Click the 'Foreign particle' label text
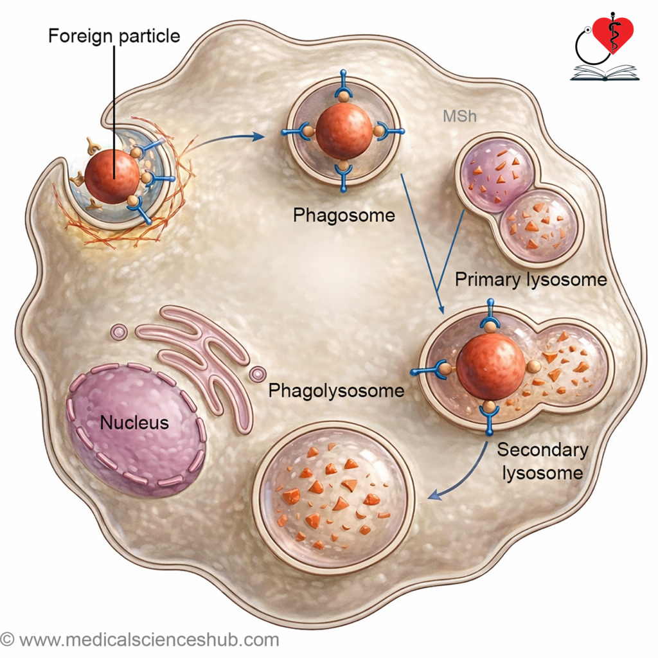click(114, 36)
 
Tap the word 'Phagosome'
click(344, 215)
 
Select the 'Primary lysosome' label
click(531, 280)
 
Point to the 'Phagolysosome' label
click(336, 391)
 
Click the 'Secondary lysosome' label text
click(542, 461)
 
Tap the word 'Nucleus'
click(134, 422)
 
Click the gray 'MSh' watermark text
click(460, 116)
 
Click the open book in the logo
click(605, 73)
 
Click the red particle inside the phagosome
click(344, 130)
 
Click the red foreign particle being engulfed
click(112, 176)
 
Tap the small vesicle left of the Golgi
click(119, 332)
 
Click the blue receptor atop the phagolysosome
click(490, 315)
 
